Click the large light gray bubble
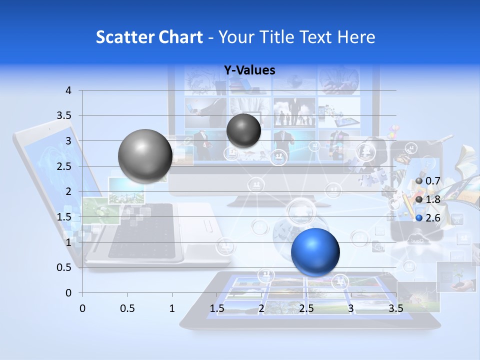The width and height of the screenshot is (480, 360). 145,156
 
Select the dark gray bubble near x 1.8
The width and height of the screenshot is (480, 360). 243,130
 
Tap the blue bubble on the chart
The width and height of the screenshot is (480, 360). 315,252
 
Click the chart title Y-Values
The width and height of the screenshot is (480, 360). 249,70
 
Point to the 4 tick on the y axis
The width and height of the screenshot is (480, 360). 68,90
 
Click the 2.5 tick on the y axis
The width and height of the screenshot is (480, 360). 63,166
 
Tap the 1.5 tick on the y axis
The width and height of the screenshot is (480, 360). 63,217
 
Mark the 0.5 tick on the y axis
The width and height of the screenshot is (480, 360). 63,267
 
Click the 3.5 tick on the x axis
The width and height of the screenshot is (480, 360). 395,308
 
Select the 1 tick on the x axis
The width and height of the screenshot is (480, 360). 172,308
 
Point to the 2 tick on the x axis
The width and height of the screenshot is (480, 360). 261,308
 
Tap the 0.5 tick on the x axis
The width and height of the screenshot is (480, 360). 127,308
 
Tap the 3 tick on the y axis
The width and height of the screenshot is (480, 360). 68,141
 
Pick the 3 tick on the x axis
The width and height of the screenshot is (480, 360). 351,308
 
